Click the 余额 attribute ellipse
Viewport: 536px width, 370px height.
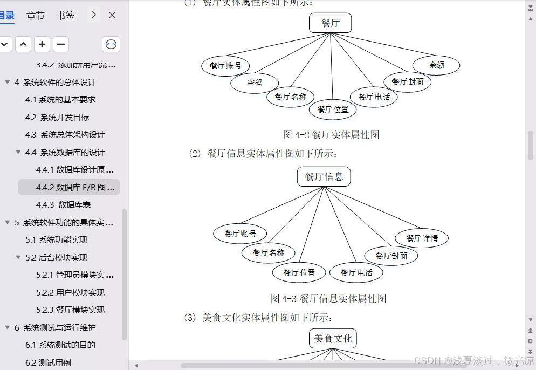[x=436, y=65]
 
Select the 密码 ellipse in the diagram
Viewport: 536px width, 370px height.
[x=255, y=83]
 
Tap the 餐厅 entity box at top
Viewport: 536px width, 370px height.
[x=330, y=23]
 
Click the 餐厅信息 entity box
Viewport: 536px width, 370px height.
[x=324, y=176]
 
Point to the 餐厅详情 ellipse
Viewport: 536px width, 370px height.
[x=422, y=238]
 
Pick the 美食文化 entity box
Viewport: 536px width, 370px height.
[x=333, y=338]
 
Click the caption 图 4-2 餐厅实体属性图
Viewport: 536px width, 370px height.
[x=331, y=134]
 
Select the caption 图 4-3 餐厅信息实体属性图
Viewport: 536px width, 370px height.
[x=328, y=298]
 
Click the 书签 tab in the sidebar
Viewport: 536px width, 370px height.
[x=66, y=15]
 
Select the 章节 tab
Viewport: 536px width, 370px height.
[x=35, y=15]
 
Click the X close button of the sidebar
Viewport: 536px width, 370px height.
[x=112, y=15]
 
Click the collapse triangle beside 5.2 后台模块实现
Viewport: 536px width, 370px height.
[x=18, y=257]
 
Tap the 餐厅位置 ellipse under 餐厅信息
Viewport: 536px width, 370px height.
[x=299, y=272]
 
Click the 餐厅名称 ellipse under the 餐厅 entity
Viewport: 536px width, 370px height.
[x=290, y=97]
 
